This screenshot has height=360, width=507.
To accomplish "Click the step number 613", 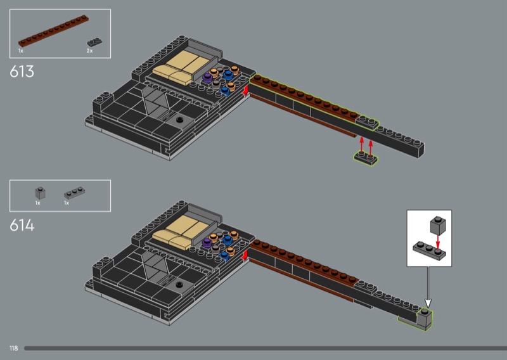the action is pyautogui.click(x=22, y=72).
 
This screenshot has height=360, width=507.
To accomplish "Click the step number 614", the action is pyautogui.click(x=22, y=225).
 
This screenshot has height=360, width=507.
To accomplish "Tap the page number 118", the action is pyautogui.click(x=13, y=348).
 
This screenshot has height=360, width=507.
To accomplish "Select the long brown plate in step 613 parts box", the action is pyautogui.click(x=53, y=31).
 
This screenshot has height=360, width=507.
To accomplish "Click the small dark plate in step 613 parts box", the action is pyautogui.click(x=94, y=42).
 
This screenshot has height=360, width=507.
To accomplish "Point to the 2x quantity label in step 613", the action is pyautogui.click(x=89, y=51).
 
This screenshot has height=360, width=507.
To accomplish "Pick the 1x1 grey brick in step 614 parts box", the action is pyautogui.click(x=40, y=193).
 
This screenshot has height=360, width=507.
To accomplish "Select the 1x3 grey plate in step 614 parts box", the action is pyautogui.click(x=74, y=193).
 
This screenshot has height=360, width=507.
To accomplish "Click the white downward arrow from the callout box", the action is pyautogui.click(x=428, y=287).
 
